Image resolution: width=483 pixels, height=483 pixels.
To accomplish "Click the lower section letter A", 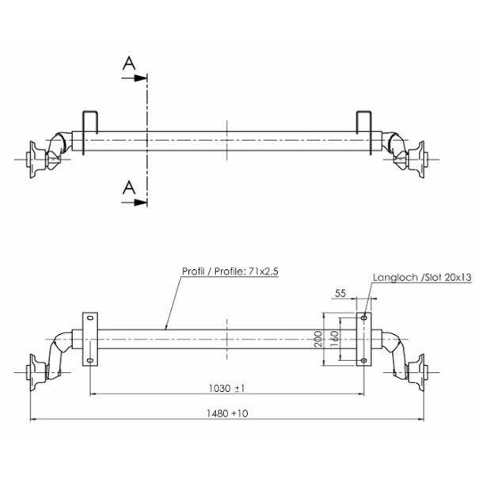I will [x=130, y=188].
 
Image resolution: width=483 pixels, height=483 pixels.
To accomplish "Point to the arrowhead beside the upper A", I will [x=143, y=78].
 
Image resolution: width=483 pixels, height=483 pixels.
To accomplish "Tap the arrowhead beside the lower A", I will [x=143, y=203].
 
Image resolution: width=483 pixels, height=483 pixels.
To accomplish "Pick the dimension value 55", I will [x=342, y=293].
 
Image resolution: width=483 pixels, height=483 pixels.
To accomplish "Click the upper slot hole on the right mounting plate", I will [x=363, y=318].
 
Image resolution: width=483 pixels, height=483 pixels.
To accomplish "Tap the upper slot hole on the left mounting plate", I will [x=89, y=318].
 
